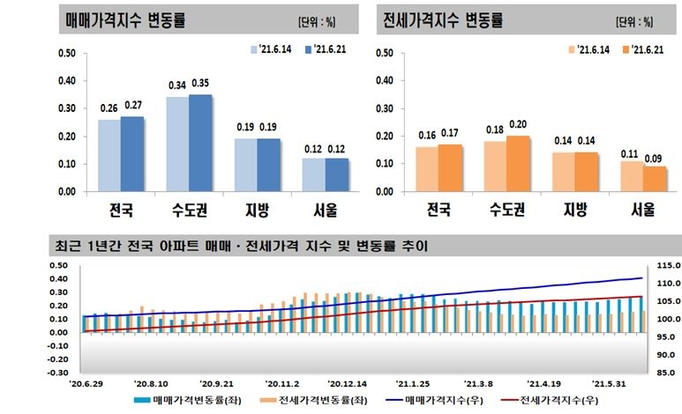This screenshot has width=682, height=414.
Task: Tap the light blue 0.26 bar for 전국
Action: pyautogui.click(x=109, y=155)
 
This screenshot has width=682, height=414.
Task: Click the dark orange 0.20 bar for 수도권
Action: pyautogui.click(x=518, y=163)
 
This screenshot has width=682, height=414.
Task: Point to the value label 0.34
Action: pyautogui.click(x=177, y=86)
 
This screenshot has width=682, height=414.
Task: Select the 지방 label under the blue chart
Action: pyautogui.click(x=257, y=210)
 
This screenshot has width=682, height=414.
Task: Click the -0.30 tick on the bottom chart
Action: pyautogui.click(x=56, y=373)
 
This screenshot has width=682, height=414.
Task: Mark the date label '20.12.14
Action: pyautogui.click(x=345, y=384)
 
